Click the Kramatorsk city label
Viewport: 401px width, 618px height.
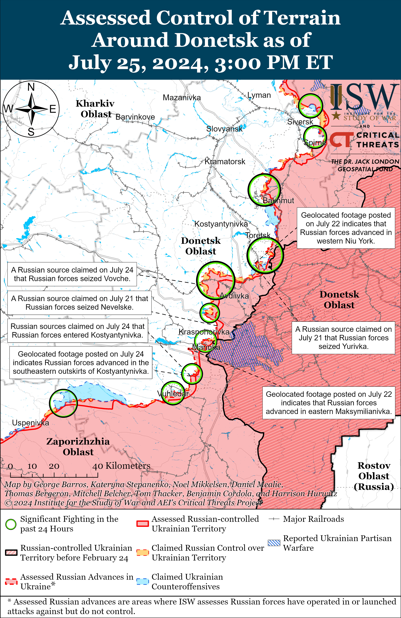[225, 162]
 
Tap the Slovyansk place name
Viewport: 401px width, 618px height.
[224, 129]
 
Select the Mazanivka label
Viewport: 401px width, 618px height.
[182, 98]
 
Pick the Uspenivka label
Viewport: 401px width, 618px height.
[30, 423]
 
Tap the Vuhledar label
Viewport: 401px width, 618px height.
[173, 394]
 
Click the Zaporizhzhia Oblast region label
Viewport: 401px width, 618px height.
[78, 447]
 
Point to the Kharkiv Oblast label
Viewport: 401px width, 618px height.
[95, 109]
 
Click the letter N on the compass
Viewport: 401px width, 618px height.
[31, 87]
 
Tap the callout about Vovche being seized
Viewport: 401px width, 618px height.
[72, 274]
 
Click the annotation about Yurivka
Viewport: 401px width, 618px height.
[343, 338]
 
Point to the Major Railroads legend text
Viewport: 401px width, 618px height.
[313, 519]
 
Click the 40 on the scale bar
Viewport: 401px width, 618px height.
[98, 466]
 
